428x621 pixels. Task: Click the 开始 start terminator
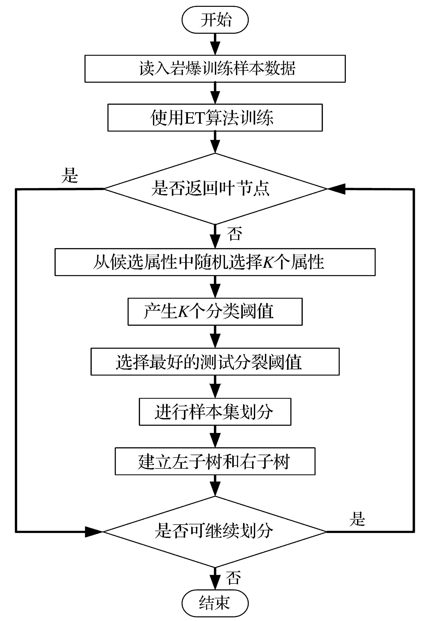pyautogui.click(x=215, y=20)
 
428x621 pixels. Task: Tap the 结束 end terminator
pyautogui.click(x=215, y=603)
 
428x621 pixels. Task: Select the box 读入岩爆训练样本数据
pyautogui.click(x=215, y=69)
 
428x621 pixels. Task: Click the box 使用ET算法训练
pyautogui.click(x=215, y=118)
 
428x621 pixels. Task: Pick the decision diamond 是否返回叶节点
pyautogui.click(x=215, y=189)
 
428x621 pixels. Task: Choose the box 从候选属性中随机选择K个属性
pyautogui.click(x=215, y=262)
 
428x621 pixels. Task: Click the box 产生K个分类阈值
pyautogui.click(x=215, y=312)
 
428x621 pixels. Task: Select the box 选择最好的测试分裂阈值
pyautogui.click(x=215, y=362)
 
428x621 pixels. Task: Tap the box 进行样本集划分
pyautogui.click(x=215, y=412)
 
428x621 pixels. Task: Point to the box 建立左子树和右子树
pyautogui.click(x=215, y=461)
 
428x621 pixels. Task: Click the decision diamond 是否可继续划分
pyautogui.click(x=215, y=531)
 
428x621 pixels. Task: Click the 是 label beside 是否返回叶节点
pyautogui.click(x=69, y=176)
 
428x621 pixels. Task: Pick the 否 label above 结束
pyautogui.click(x=233, y=577)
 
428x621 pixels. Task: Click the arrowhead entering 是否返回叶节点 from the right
pyautogui.click(x=336, y=189)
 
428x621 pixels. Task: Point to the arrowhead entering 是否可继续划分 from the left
pyautogui.click(x=93, y=532)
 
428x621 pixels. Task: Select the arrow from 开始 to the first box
pyautogui.click(x=215, y=44)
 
